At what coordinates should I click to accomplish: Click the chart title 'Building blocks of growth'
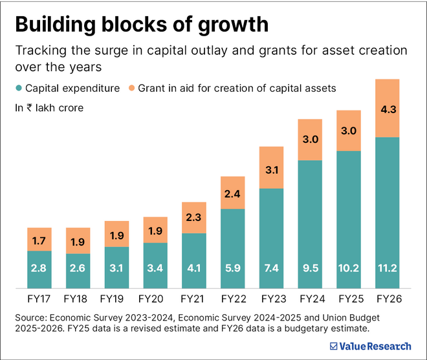(141, 24)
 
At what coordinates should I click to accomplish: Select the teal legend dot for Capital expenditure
(19, 88)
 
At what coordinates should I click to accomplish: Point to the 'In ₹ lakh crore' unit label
(49, 107)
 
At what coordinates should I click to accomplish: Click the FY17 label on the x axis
(39, 299)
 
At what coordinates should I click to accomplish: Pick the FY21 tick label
(194, 299)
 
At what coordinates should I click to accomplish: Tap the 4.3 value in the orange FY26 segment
(388, 109)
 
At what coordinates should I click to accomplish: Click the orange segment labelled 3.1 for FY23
(271, 170)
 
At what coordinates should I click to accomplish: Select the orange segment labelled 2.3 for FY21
(194, 218)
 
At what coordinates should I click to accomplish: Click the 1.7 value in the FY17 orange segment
(39, 240)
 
